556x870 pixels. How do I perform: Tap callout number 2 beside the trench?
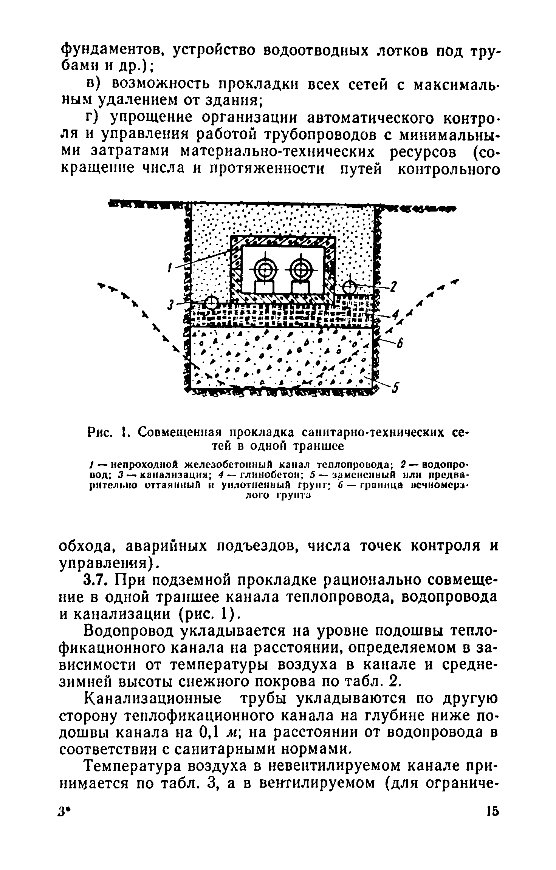[x=393, y=287]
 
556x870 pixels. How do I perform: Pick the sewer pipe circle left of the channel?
[x=212, y=302]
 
